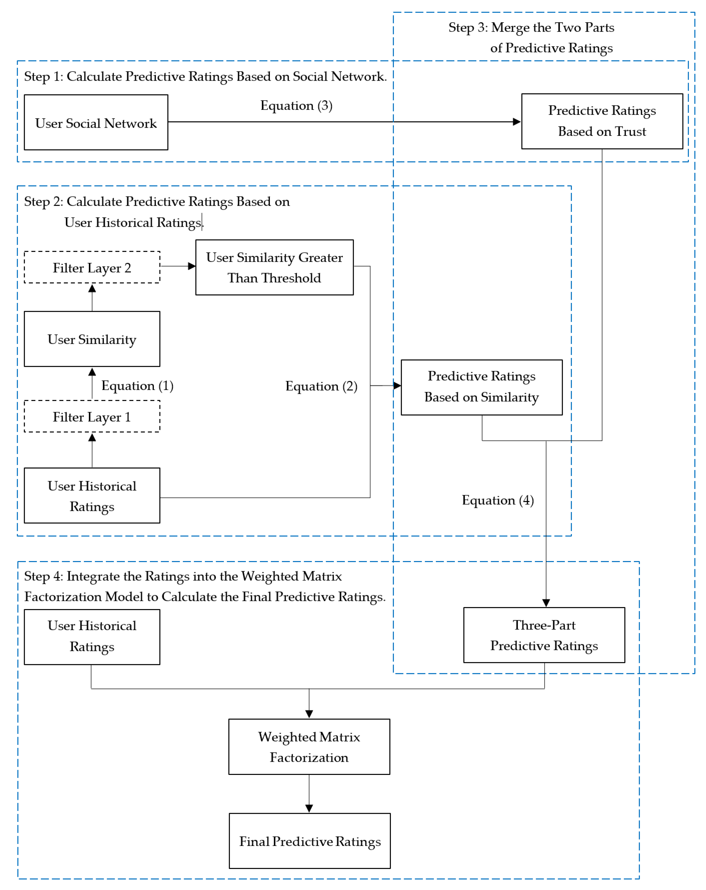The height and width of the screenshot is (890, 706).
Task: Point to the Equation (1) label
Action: point(137,386)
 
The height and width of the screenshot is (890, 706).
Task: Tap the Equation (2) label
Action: point(321,386)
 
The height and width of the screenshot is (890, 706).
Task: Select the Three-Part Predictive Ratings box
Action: point(543,635)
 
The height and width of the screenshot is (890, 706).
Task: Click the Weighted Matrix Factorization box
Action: point(309,747)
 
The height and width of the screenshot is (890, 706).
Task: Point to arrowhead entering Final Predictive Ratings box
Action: point(309,808)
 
